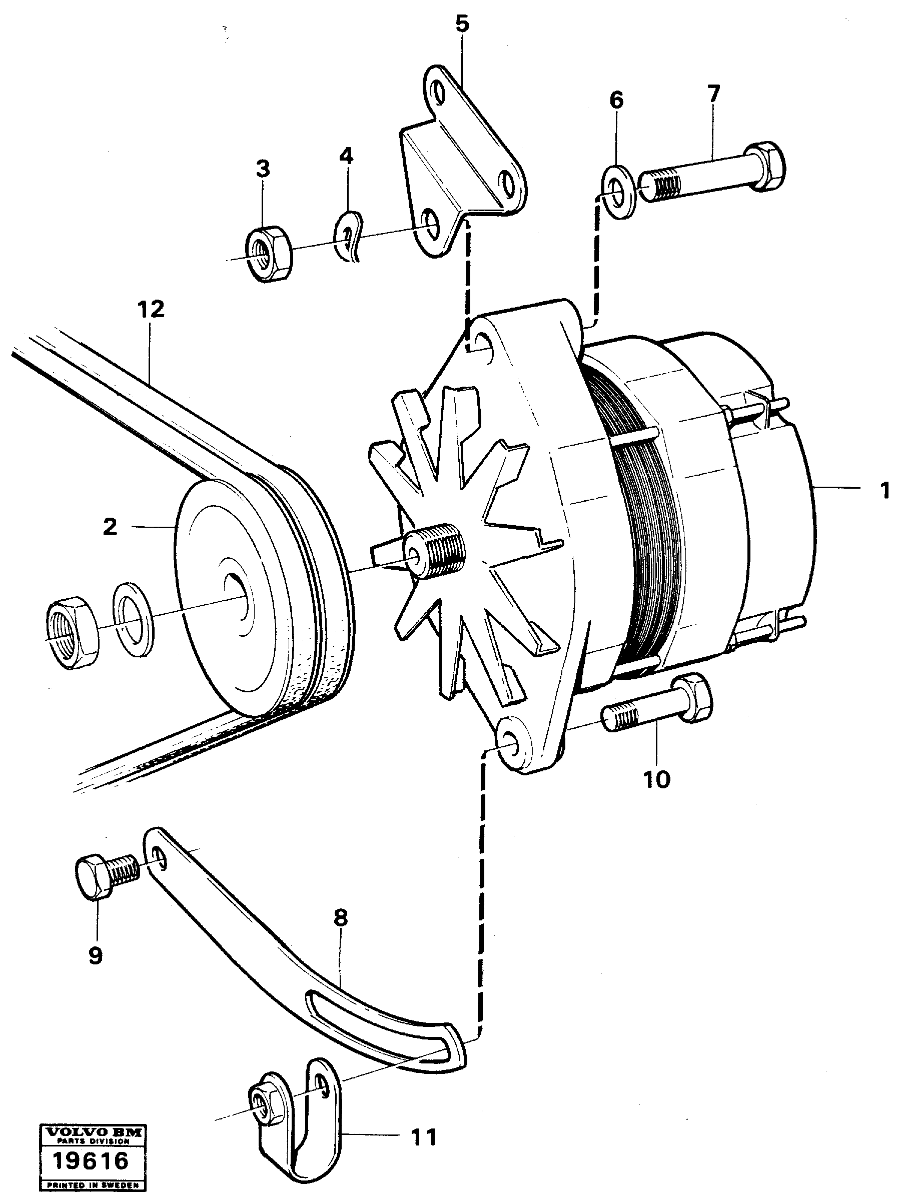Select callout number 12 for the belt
(151, 310)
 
